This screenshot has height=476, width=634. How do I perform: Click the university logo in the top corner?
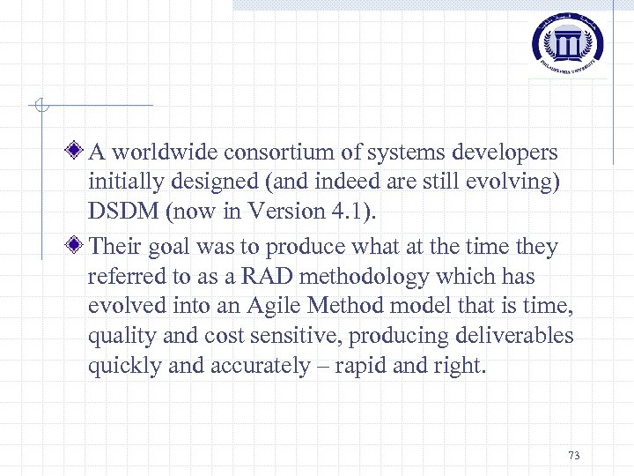(x=568, y=41)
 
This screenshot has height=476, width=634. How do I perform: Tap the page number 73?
(x=574, y=456)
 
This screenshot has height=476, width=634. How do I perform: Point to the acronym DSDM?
(x=122, y=211)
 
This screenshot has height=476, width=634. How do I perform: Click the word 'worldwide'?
(x=165, y=152)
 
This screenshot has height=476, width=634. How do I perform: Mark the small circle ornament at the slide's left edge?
(x=41, y=107)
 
